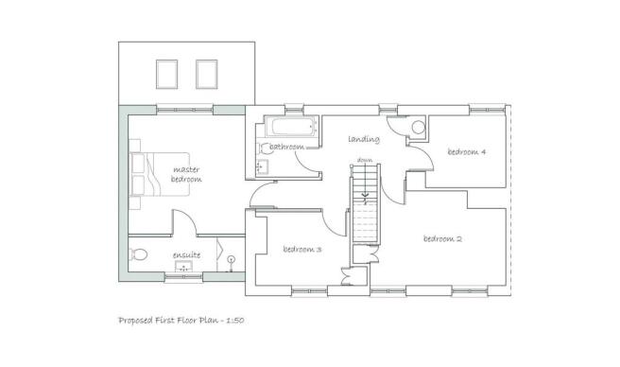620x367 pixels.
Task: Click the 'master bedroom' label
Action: click(186, 174)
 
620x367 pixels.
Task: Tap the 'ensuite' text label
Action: click(185, 254)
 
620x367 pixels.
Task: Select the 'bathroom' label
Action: click(286, 148)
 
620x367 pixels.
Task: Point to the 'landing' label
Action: click(364, 139)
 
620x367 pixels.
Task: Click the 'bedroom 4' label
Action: click(466, 151)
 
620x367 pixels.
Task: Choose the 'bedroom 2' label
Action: click(442, 238)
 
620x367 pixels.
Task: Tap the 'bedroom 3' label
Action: click(302, 250)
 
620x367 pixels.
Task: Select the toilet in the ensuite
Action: click(138, 253)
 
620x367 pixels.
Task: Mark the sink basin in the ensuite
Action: click(185, 270)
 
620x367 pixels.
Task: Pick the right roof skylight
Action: click(206, 73)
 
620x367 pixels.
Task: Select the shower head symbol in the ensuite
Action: click(231, 259)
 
